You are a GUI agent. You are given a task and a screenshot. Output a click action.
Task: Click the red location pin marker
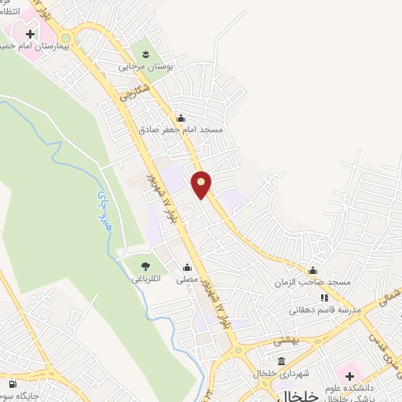point(202,184)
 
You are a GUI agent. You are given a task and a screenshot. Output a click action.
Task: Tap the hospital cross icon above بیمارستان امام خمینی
point(31,35)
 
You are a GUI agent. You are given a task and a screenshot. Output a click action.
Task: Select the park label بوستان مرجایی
point(144,68)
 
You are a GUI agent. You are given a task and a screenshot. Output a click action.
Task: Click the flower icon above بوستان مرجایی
point(145,54)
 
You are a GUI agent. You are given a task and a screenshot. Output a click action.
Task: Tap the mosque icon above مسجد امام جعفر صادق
point(181,118)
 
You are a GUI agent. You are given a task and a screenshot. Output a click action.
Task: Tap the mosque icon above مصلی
point(187,266)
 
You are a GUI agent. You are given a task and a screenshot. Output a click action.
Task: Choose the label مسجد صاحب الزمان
point(312,281)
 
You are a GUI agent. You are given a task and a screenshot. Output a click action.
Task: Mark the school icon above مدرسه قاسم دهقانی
point(323,298)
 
